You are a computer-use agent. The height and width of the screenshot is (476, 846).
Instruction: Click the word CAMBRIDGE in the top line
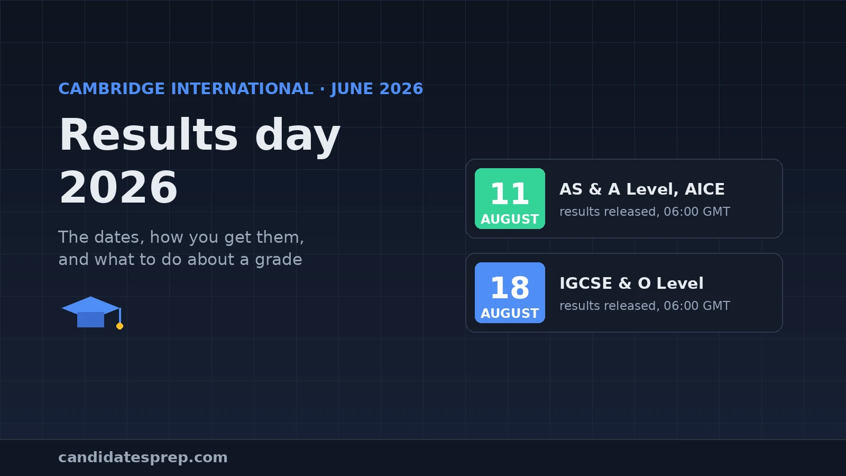(x=112, y=89)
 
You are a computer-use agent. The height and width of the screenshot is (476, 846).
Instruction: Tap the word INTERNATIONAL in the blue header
(x=242, y=89)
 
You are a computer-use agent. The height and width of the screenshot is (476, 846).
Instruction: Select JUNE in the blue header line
(x=352, y=89)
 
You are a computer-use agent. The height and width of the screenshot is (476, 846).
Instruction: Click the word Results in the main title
(x=149, y=135)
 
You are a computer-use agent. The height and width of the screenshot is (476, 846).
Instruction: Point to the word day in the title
(x=298, y=137)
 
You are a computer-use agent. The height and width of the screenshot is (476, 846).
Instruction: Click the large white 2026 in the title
(x=118, y=188)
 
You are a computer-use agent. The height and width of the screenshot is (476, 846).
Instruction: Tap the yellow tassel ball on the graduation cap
(x=119, y=326)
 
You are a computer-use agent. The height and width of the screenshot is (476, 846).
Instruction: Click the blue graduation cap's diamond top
(x=90, y=305)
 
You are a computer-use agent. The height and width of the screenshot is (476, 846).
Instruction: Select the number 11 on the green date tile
(x=510, y=194)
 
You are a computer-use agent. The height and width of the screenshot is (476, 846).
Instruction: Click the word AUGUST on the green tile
(x=510, y=219)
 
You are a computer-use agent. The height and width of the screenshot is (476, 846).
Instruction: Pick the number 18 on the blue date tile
(x=510, y=288)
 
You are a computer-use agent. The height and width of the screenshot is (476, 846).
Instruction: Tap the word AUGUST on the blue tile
(x=510, y=313)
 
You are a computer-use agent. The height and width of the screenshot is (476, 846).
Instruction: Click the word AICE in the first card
(x=705, y=189)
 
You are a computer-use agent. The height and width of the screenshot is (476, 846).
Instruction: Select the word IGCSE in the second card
(x=586, y=283)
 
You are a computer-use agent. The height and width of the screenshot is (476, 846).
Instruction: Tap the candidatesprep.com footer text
(x=143, y=457)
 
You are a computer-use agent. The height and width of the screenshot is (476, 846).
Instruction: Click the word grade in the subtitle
(x=278, y=260)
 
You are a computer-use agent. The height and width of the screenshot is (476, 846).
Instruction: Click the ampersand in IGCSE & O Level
(x=625, y=283)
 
